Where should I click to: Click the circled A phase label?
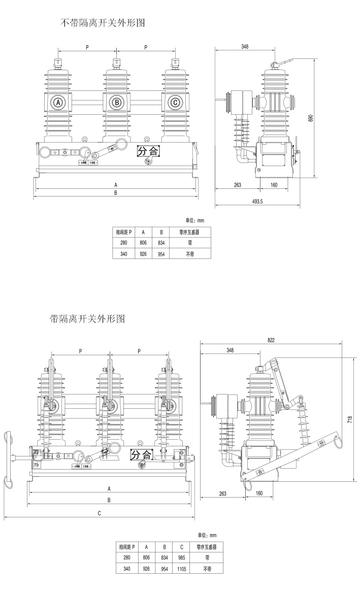(x=58, y=103)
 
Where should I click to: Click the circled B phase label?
(x=117, y=103)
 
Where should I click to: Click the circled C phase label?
(x=175, y=103)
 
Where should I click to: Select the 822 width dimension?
(x=272, y=340)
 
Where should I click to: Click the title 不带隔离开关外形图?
(x=103, y=23)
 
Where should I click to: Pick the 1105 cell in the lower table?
(x=182, y=570)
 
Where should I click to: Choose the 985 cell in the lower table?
(x=182, y=557)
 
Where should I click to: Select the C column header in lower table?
(x=182, y=547)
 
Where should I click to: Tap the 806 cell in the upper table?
(x=144, y=243)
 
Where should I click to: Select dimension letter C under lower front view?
(x=100, y=513)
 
